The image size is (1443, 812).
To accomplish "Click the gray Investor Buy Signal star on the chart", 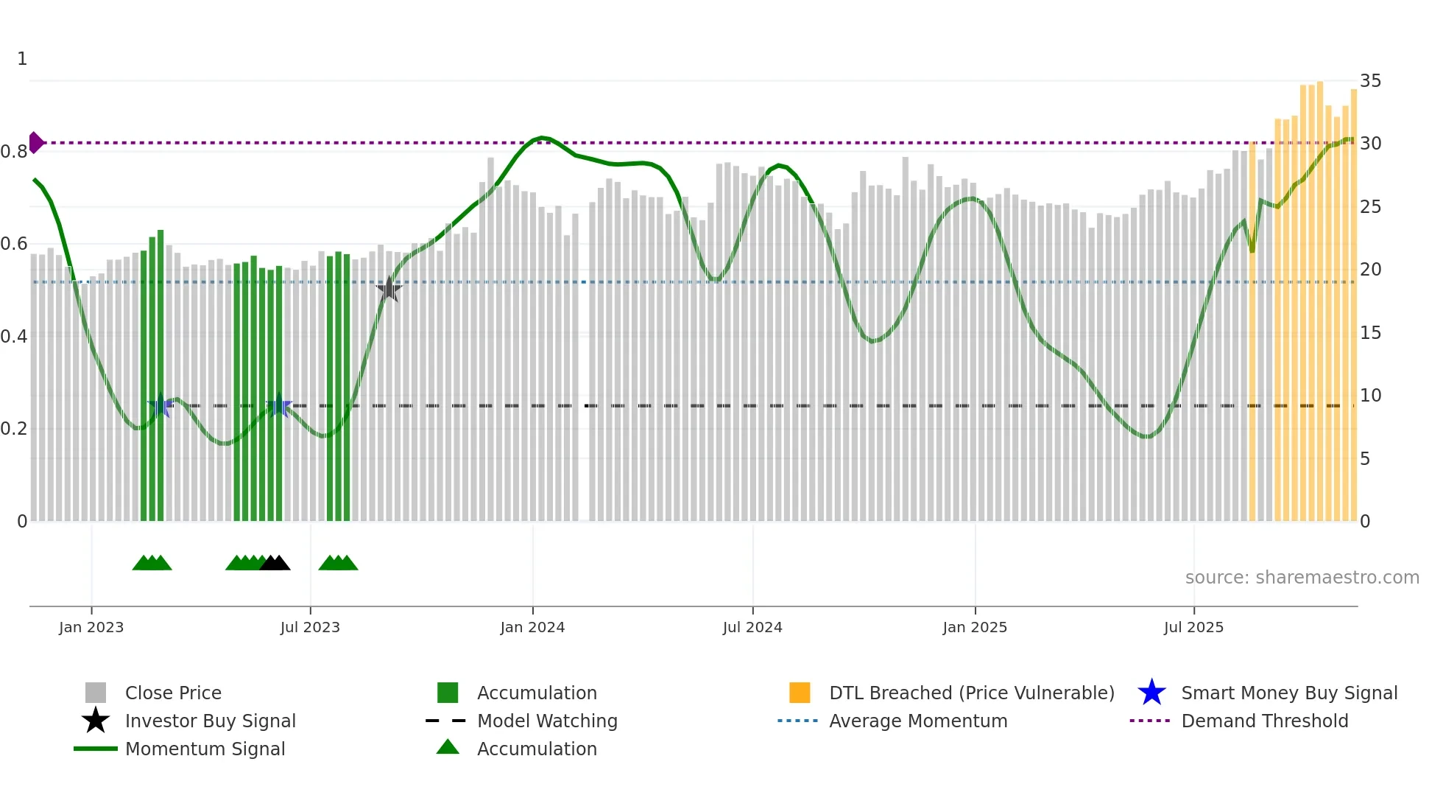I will pyautogui.click(x=389, y=290).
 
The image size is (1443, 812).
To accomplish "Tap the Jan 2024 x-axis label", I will pyautogui.click(x=532, y=627).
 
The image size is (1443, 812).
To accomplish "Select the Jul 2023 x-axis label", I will pyautogui.click(x=310, y=627).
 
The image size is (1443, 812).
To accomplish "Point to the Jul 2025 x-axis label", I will pyautogui.click(x=1193, y=627).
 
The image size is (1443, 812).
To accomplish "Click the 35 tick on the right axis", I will pyautogui.click(x=1370, y=81).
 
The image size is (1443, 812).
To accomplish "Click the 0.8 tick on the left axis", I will pyautogui.click(x=14, y=152).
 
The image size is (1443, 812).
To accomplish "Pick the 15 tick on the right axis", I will pyautogui.click(x=1370, y=333).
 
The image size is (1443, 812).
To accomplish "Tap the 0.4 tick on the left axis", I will pyautogui.click(x=14, y=337).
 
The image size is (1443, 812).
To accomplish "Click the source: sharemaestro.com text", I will pyautogui.click(x=1302, y=578).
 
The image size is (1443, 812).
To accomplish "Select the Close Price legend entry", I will pyautogui.click(x=173, y=693).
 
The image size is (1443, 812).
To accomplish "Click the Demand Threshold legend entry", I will pyautogui.click(x=1264, y=721).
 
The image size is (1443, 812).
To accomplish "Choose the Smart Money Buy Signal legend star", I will pyautogui.click(x=1151, y=693).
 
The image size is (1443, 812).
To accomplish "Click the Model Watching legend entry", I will pyautogui.click(x=546, y=721).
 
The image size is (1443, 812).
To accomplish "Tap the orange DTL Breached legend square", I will pyautogui.click(x=800, y=693).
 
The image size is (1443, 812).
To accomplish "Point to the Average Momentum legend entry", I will pyautogui.click(x=917, y=721).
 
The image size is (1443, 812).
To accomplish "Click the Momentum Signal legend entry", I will pyautogui.click(x=205, y=749).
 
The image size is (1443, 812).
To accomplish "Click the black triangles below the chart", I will pyautogui.click(x=275, y=564).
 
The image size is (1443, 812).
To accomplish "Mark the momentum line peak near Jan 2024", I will pyautogui.click(x=542, y=138).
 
